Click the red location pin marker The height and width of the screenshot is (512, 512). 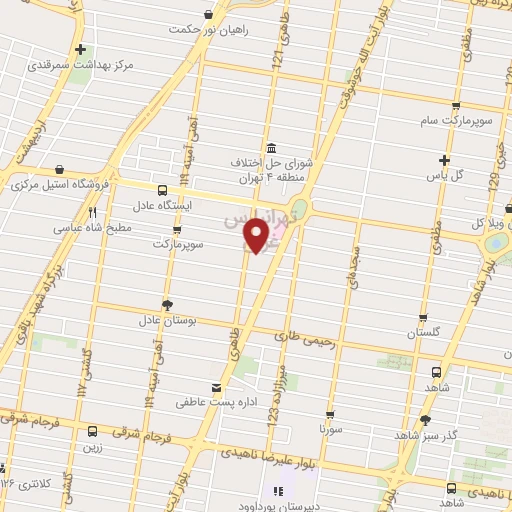point(257,235)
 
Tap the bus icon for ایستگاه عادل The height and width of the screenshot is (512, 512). point(162,189)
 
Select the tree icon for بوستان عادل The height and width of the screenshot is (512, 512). point(167,304)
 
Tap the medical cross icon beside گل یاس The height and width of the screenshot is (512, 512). point(445,159)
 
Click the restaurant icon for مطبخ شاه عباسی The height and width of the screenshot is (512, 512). point(93,212)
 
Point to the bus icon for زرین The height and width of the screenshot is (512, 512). point(93,432)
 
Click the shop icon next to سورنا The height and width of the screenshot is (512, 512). point(329,412)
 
